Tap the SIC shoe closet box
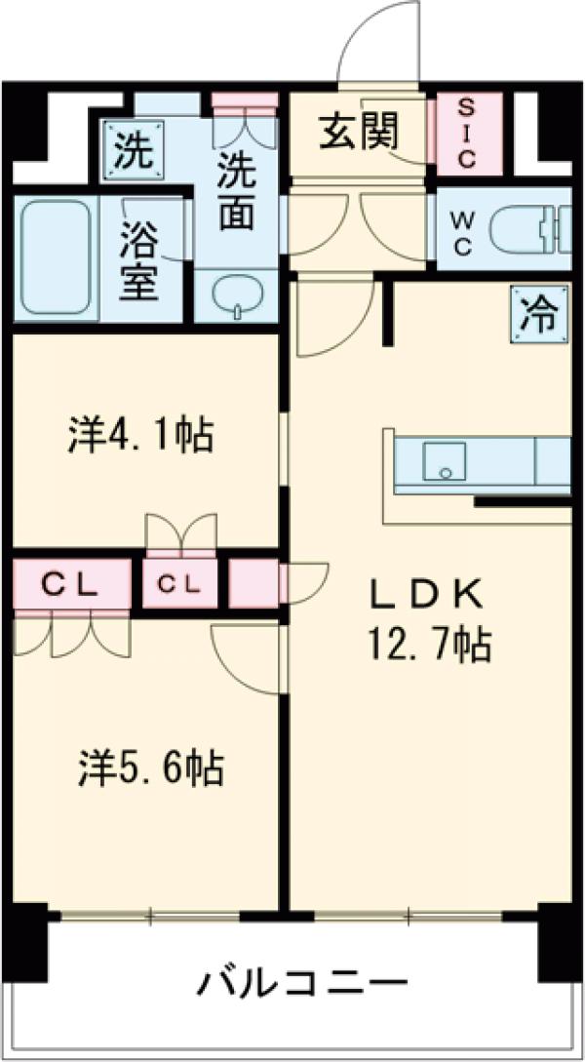(465, 133)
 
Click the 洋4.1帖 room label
(140, 435)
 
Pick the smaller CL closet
(179, 585)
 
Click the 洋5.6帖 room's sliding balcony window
(150, 916)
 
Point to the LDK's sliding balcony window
(409, 916)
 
